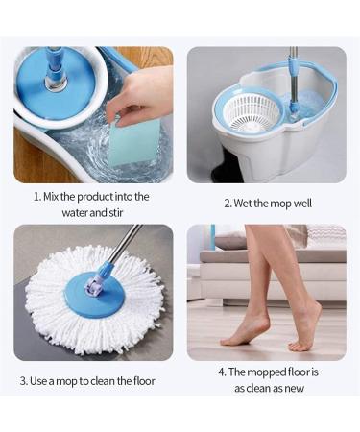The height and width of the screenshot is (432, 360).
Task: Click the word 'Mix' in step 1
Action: [56, 197]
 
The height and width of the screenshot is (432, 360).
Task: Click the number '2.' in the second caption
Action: [228, 204]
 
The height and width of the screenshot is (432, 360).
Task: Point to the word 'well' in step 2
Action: [300, 204]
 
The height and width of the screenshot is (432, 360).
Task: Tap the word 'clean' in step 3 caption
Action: [107, 381]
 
